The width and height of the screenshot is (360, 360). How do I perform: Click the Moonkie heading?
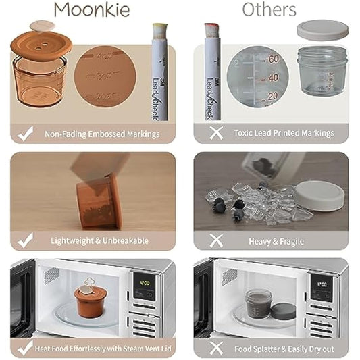point(93,9)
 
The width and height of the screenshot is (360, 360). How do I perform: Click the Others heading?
point(269,9)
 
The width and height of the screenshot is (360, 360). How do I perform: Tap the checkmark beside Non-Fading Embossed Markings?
point(26,134)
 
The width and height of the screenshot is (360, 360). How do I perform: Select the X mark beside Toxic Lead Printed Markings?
point(216,133)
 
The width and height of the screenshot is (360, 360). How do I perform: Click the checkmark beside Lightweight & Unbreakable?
point(26,240)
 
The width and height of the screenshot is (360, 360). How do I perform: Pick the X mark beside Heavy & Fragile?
point(216,240)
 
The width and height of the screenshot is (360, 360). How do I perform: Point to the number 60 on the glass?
point(273,59)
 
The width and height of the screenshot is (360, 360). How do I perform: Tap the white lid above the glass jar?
point(322,30)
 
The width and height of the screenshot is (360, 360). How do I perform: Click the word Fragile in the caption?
point(290,241)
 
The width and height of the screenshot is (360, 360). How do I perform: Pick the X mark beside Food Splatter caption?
point(216,349)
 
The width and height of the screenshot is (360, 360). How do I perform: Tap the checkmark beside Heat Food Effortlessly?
point(26,349)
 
